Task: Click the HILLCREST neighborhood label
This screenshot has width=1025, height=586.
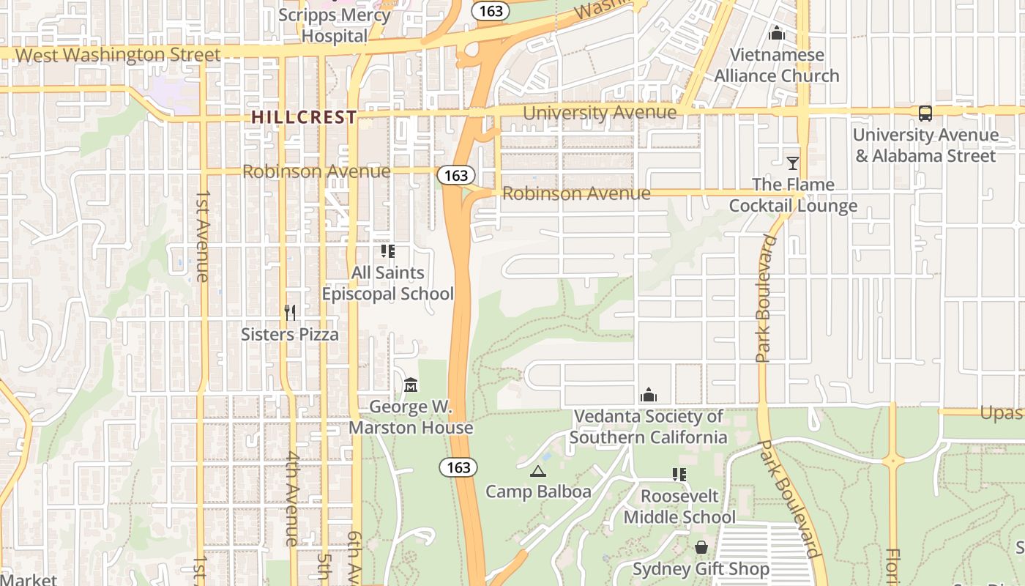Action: pos(304,117)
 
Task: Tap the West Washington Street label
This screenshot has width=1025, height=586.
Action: pos(117,55)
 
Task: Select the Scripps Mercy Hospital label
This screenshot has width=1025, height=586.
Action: pos(334,26)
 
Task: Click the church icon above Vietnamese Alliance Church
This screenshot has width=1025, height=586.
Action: pos(777,33)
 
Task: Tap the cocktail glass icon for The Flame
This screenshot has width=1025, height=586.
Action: pos(792,163)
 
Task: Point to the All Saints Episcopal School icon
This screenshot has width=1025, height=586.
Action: pos(387,251)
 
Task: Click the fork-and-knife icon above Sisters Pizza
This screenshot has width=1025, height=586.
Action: pos(290,313)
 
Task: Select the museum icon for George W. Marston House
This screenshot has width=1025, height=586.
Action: pos(411,385)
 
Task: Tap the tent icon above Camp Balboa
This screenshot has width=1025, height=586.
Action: pos(537,471)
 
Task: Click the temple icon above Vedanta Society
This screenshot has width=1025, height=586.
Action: pos(648,396)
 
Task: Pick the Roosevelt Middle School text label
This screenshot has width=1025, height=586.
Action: pos(679,507)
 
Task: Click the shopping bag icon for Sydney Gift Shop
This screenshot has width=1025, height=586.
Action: pos(701,547)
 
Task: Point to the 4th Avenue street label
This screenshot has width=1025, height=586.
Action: pos(291,498)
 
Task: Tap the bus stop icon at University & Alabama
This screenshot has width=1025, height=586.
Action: pos(925,114)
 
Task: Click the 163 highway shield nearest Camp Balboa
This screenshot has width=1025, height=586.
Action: pos(458,467)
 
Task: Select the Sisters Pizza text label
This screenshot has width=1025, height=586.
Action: pos(290,335)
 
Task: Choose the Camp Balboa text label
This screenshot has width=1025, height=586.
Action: pos(538,492)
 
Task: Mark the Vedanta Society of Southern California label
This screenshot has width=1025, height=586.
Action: pos(649,427)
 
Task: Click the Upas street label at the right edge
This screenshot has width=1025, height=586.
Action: pos(1002,413)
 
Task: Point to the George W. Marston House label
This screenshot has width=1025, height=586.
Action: pos(411,417)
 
